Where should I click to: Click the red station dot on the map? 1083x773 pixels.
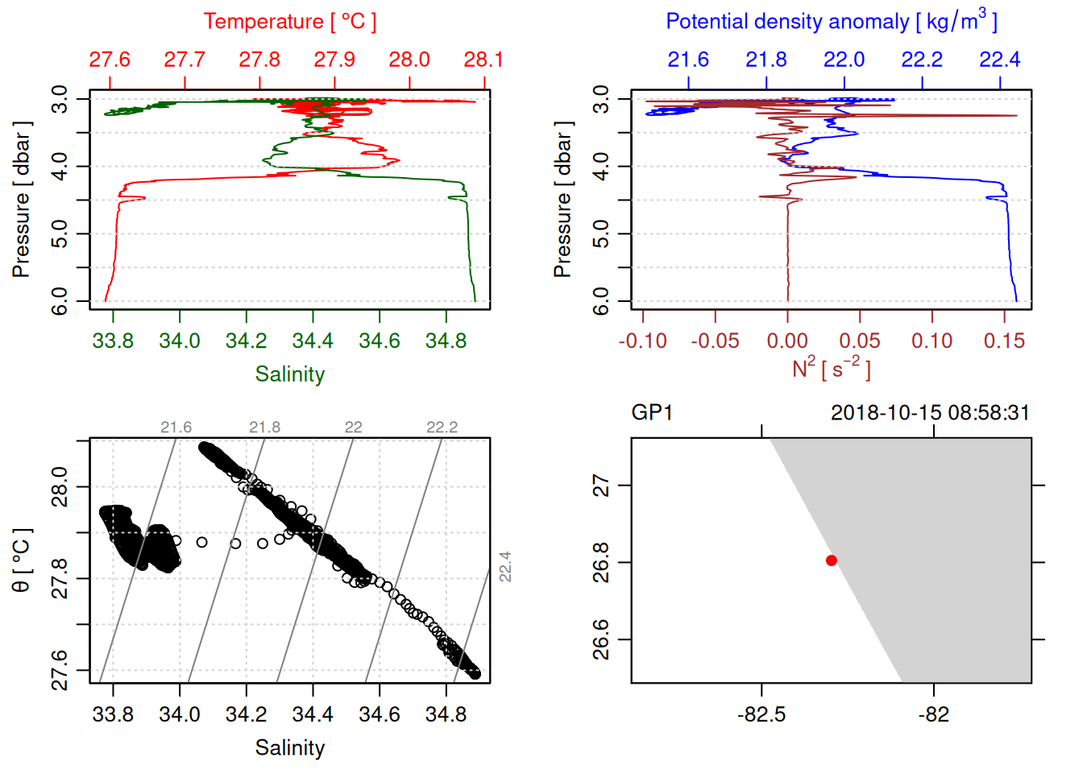coord(831,560)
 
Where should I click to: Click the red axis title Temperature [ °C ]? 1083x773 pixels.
coord(289,22)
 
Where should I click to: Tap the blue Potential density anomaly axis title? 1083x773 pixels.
coord(831,22)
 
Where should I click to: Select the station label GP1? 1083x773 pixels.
coord(651,413)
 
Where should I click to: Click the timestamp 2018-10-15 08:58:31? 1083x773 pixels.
coord(930,413)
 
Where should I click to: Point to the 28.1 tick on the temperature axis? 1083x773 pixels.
coord(483,60)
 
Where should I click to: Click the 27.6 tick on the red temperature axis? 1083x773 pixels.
coord(110,60)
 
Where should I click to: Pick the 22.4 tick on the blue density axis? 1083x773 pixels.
coord(999,60)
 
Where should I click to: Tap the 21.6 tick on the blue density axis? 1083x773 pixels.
coord(688,60)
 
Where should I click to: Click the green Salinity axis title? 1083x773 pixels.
coord(289,374)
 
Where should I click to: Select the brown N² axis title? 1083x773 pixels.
coord(831,368)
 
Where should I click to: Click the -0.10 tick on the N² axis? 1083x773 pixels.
coord(643,341)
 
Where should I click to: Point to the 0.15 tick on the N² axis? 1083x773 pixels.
coord(1004,341)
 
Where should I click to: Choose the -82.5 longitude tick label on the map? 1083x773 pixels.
coord(761,715)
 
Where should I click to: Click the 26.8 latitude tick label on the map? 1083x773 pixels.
coord(601,562)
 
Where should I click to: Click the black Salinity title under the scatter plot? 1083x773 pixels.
coord(289,748)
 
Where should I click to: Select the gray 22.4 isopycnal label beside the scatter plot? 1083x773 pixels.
coord(504,566)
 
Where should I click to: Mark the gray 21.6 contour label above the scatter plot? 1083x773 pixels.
coord(176,428)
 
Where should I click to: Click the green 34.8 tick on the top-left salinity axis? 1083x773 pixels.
coord(446,341)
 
